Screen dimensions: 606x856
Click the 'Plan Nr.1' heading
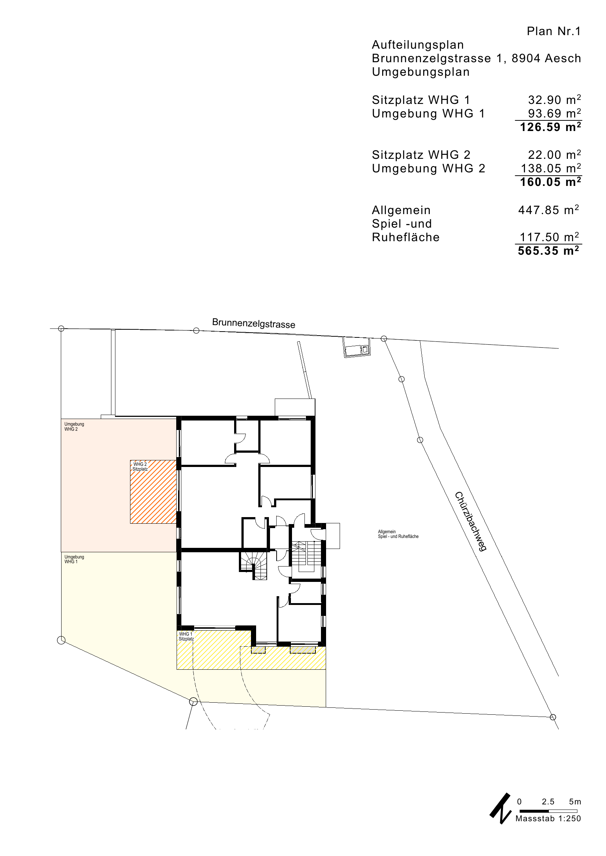tap(554, 31)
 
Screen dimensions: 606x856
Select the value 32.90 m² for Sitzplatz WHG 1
tap(554, 100)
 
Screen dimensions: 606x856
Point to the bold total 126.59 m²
tap(551, 127)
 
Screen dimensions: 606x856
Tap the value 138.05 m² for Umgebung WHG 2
tap(551, 168)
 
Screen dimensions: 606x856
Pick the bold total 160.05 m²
tap(551, 182)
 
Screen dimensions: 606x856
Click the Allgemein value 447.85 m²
tap(548, 210)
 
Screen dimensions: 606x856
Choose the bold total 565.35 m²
tap(548, 250)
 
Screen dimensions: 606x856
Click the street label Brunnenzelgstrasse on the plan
tap(254, 323)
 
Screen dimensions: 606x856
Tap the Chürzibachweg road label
tap(471, 521)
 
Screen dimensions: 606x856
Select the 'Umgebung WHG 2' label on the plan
tap(74, 426)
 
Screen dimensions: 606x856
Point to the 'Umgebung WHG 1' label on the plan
tap(74, 559)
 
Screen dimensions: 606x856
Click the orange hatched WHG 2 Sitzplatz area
tap(153, 492)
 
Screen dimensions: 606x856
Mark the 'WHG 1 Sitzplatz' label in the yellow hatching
tap(186, 636)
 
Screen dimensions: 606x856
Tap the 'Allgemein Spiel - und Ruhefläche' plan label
tap(398, 534)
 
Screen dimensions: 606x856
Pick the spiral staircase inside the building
tap(254, 565)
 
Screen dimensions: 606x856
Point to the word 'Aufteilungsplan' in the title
tap(418, 45)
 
